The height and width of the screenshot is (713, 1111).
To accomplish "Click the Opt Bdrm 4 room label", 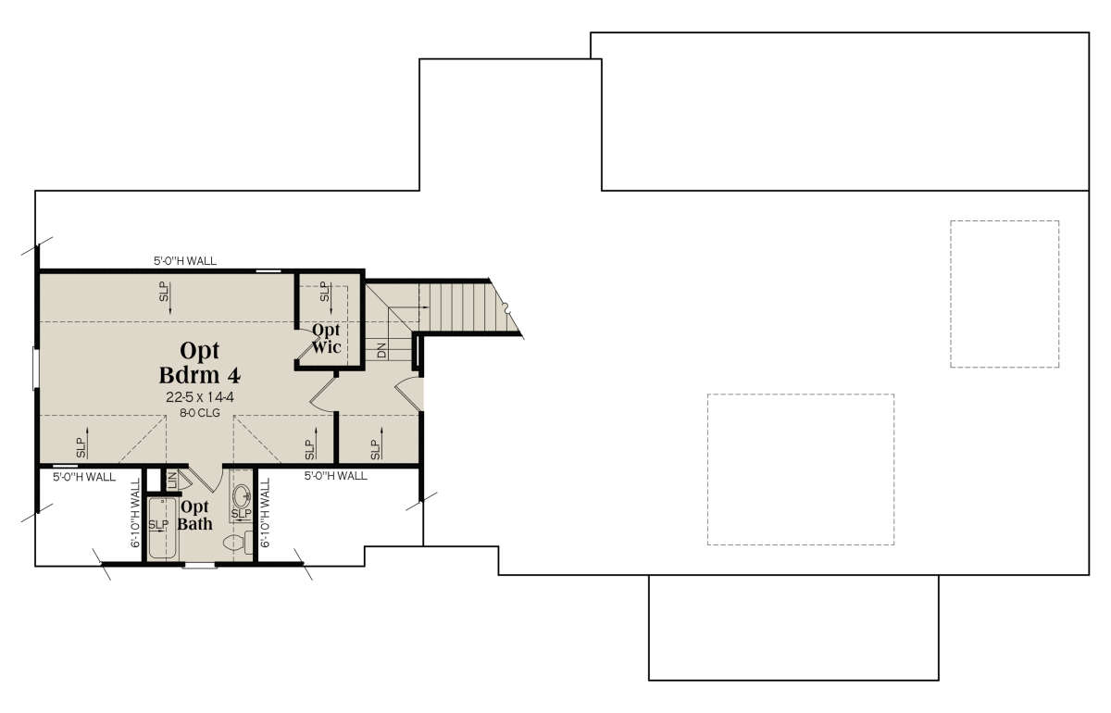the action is (200, 363).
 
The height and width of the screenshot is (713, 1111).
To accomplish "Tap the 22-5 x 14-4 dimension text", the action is (200, 397).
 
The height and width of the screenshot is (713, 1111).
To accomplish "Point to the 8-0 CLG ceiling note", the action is (200, 412).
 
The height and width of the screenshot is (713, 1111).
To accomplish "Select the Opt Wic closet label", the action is (326, 338).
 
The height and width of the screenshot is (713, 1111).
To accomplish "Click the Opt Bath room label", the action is (194, 515).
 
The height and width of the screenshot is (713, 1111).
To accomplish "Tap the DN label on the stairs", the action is (381, 350).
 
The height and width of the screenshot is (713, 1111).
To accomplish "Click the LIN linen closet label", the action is (172, 480).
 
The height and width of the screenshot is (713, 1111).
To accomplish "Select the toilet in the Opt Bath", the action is (238, 543).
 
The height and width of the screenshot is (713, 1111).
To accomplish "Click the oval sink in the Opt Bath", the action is (242, 494).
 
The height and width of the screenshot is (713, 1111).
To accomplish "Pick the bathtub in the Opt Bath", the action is (162, 528).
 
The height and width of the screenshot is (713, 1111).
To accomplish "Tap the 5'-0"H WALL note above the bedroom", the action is (185, 261).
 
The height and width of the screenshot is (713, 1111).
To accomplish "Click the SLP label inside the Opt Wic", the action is (324, 292).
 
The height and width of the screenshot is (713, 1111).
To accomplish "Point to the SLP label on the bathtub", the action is (158, 524).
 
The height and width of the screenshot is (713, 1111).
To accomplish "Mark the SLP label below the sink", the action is (242, 513).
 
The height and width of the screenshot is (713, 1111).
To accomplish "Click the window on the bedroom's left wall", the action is (35, 369).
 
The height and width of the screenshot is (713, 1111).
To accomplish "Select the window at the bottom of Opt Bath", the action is (198, 565).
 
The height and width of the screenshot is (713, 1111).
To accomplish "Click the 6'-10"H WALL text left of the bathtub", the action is (135, 513).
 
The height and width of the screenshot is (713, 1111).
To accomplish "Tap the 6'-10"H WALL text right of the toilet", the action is (266, 513).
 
